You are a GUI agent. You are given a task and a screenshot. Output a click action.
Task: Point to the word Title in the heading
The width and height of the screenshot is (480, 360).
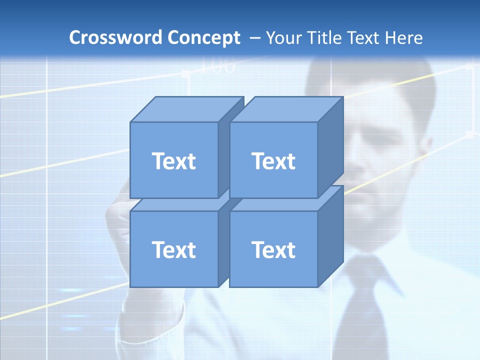click(324, 38)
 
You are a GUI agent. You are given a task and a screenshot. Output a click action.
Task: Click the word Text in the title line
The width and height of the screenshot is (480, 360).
click(364, 38)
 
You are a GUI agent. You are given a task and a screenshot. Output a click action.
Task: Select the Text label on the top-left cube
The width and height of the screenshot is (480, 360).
click(173, 161)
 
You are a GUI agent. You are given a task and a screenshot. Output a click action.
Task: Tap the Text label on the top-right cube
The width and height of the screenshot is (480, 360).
click(273, 161)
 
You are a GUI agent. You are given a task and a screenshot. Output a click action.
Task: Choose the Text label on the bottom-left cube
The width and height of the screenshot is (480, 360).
click(173, 249)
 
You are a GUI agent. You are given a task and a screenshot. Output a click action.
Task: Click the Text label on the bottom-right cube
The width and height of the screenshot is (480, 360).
click(273, 249)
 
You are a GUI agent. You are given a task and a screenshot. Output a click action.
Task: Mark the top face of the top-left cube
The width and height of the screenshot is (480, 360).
click(186, 109)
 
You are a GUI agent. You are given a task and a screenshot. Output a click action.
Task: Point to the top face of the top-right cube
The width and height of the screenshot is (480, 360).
click(286, 109)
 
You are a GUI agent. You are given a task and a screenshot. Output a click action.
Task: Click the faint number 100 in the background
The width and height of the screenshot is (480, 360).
click(217, 65)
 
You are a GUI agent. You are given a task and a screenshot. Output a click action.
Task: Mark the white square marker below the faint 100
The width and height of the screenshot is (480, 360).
click(185, 74)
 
